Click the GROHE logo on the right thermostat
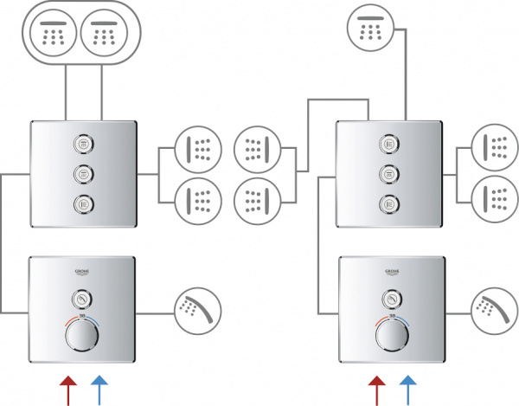click(392, 274)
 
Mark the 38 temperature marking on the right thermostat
click(392, 318)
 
